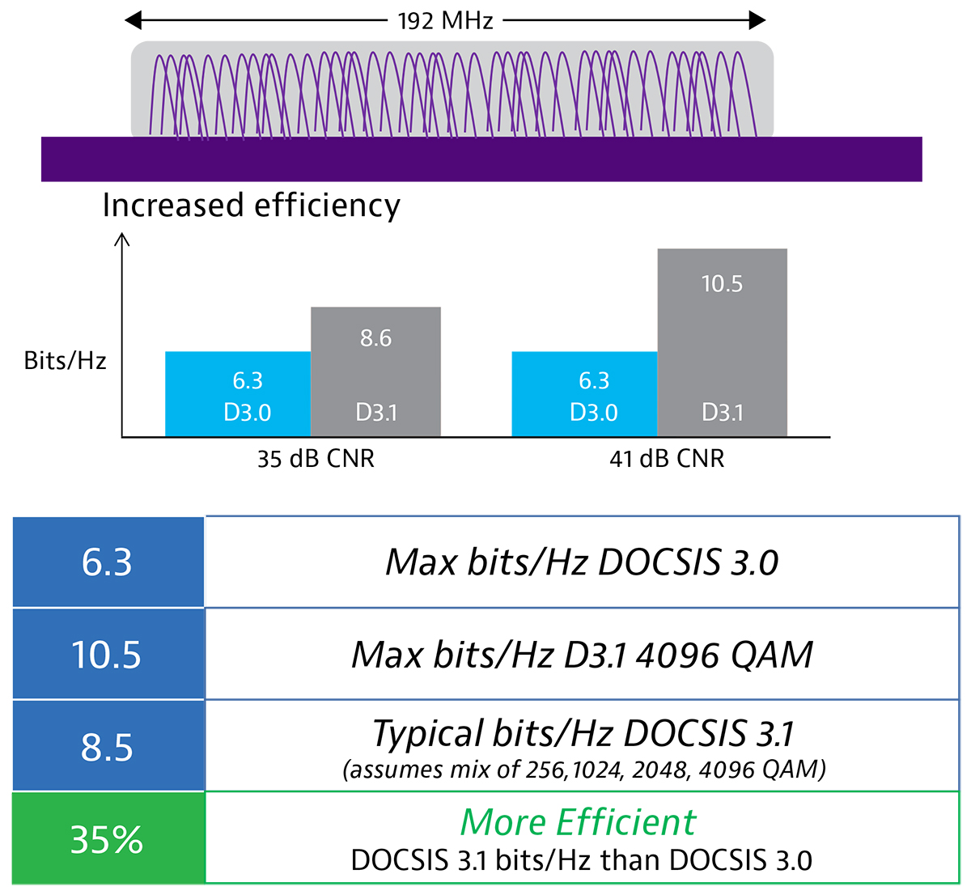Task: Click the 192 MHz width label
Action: (x=445, y=20)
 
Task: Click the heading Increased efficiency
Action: (x=251, y=206)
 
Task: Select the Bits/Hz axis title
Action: (x=65, y=361)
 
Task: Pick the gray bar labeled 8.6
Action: (x=376, y=372)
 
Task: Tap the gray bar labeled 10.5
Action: (x=722, y=343)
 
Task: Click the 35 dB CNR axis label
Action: (x=316, y=460)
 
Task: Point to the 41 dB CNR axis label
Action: (x=667, y=460)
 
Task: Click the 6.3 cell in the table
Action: (x=108, y=562)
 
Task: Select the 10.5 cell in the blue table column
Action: (x=108, y=655)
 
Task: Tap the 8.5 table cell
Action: (x=108, y=747)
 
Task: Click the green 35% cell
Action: (x=108, y=839)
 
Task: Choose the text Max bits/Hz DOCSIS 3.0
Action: (x=582, y=562)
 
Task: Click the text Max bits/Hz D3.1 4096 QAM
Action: (x=582, y=655)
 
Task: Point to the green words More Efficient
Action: (x=578, y=822)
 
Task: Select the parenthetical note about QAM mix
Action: (x=583, y=769)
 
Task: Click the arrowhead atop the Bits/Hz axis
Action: (x=122, y=239)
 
